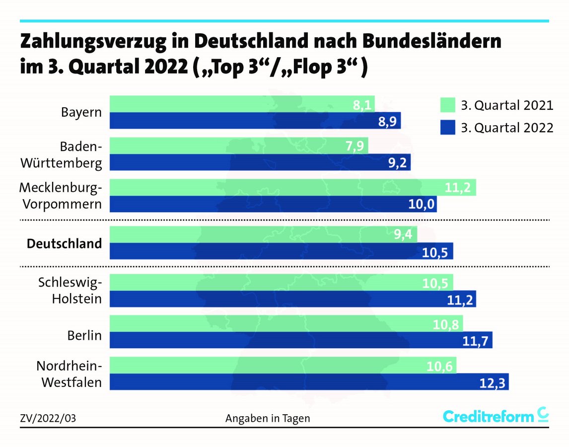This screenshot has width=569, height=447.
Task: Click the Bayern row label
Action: click(x=81, y=112)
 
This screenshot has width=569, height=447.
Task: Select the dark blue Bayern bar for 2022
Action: click(x=254, y=121)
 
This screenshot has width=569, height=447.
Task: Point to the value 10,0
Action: click(x=422, y=204)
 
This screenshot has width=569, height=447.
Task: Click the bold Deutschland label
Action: click(x=65, y=243)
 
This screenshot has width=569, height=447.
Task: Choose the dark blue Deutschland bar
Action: click(x=281, y=251)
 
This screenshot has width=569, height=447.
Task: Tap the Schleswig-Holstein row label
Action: click(x=70, y=290)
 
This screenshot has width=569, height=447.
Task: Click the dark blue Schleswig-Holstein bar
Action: click(x=292, y=298)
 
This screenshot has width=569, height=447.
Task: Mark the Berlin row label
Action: click(x=84, y=335)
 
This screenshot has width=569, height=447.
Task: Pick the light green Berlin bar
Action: click(x=285, y=323)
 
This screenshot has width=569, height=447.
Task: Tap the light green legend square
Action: click(x=447, y=105)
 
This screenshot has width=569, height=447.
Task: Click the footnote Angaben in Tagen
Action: click(x=268, y=418)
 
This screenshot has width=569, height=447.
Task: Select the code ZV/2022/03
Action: click(x=48, y=418)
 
